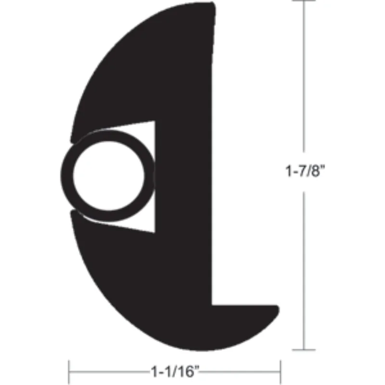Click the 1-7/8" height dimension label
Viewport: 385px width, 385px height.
305,171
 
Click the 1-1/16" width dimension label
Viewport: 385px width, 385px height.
175,372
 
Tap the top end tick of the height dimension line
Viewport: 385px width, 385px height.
304,1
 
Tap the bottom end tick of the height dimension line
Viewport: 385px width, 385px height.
304,349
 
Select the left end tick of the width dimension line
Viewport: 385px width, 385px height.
69,372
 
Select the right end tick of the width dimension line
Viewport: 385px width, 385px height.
280,372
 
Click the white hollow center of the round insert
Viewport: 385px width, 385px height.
109,176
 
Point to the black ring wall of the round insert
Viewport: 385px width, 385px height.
66,176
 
